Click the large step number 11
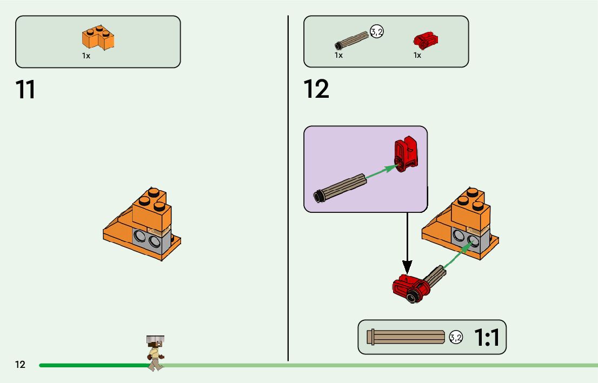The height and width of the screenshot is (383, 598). (x=25, y=90)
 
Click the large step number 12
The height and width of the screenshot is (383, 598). (x=316, y=90)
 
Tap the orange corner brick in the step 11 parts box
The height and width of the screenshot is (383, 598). (x=98, y=37)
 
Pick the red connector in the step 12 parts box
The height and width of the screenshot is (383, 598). (x=426, y=39)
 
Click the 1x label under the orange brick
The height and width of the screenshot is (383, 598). (x=86, y=56)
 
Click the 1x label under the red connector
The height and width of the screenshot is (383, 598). (x=417, y=55)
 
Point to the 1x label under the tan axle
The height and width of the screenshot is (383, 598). (x=338, y=55)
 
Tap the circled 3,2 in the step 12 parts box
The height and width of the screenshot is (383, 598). (x=376, y=32)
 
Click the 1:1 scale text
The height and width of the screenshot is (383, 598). (x=487, y=338)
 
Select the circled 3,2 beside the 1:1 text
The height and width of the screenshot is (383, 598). (x=456, y=338)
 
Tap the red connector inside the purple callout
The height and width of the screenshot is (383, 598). (x=406, y=154)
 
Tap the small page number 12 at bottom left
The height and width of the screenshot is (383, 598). (x=20, y=365)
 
